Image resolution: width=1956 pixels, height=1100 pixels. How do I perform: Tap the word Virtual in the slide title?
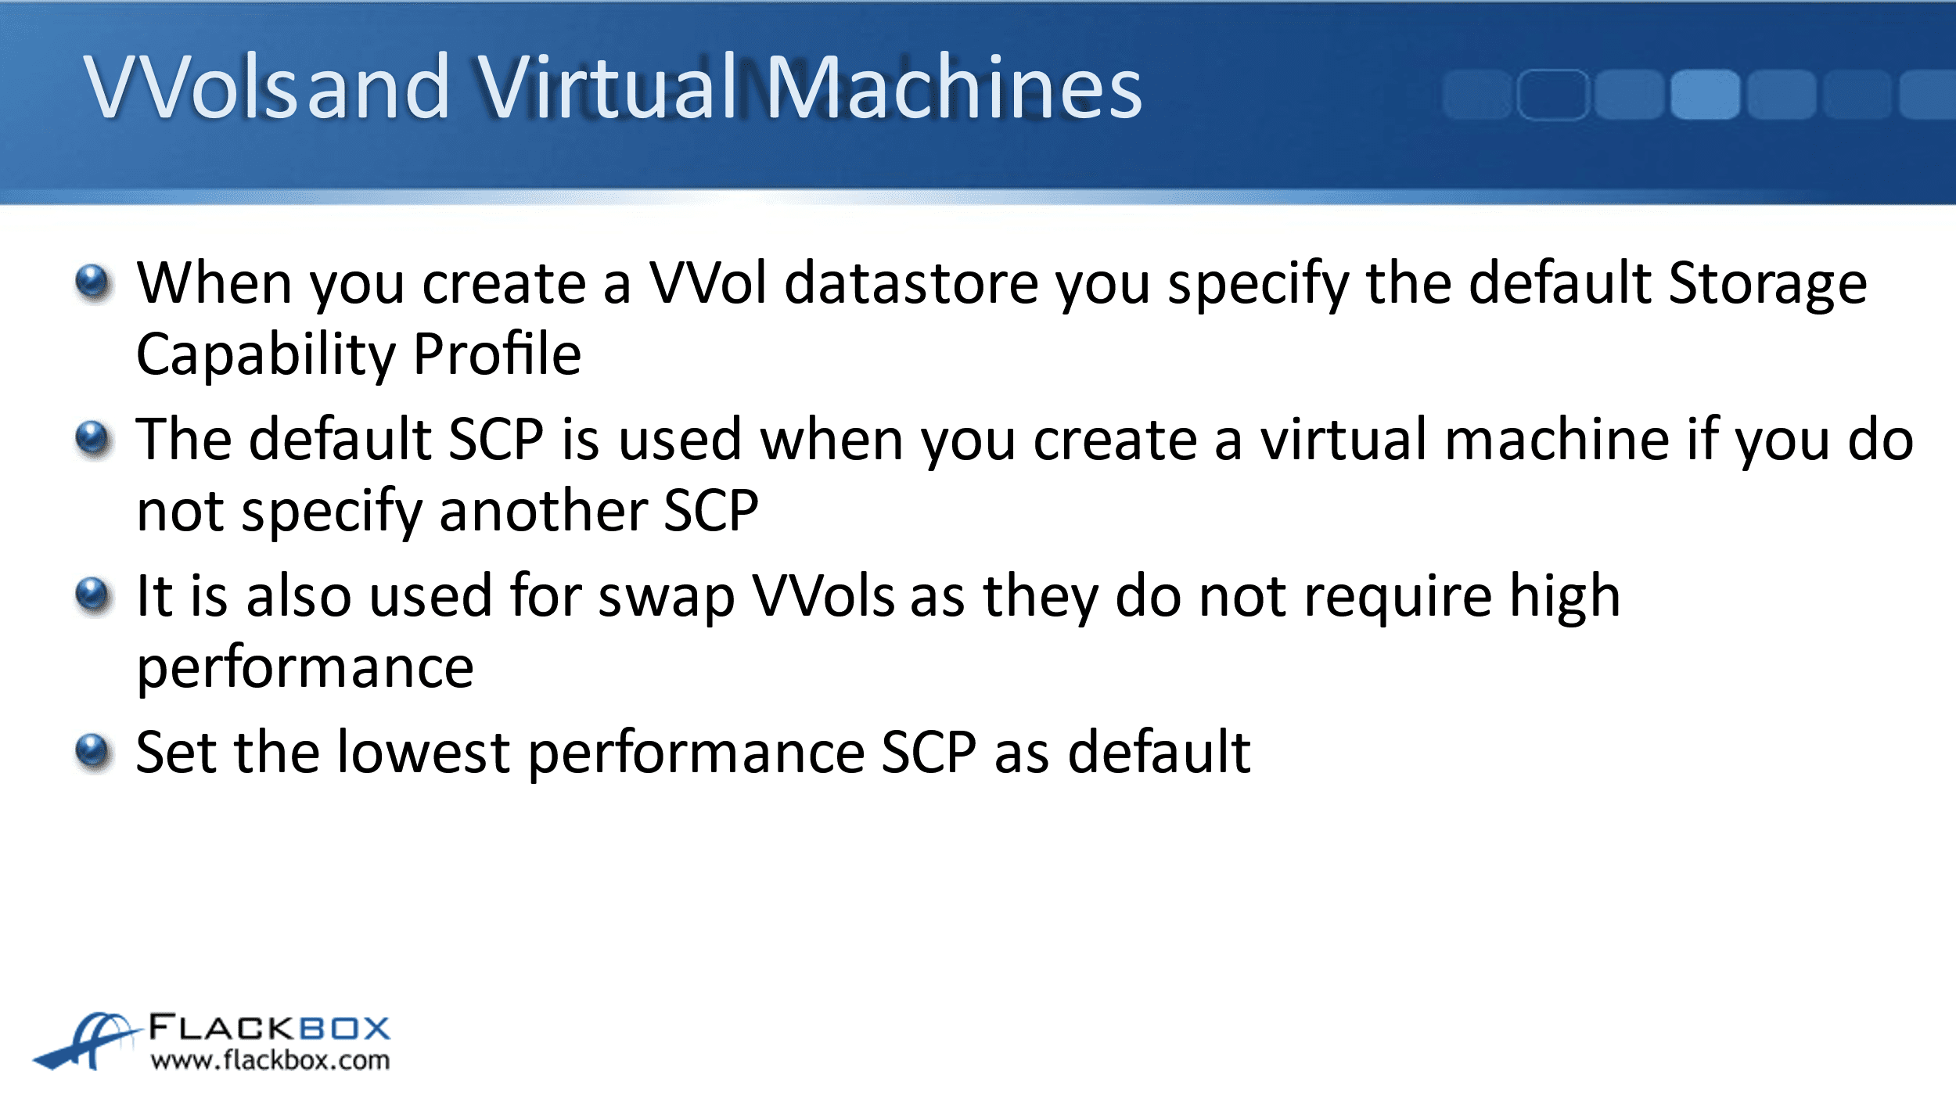[x=606, y=87]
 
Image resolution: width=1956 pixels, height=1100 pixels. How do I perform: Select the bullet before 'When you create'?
[x=94, y=283]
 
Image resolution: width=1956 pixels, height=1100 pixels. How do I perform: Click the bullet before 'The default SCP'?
[x=94, y=440]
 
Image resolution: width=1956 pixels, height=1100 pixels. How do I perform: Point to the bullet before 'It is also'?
[x=94, y=596]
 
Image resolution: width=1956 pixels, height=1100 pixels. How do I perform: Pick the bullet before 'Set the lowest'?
[x=94, y=753]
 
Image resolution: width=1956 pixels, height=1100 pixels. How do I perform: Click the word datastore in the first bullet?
[x=911, y=282]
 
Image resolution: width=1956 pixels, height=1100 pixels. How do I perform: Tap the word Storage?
[x=1767, y=286]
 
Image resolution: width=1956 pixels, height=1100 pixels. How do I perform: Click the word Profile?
[x=498, y=354]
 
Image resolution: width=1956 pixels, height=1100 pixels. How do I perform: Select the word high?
[x=1565, y=599]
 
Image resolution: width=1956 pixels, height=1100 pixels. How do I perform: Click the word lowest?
[x=424, y=753]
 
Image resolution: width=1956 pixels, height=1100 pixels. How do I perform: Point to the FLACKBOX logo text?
[x=269, y=1028]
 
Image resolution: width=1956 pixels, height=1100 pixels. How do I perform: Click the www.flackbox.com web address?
[x=270, y=1061]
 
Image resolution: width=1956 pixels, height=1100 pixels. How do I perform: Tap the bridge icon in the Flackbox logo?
[x=86, y=1041]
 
